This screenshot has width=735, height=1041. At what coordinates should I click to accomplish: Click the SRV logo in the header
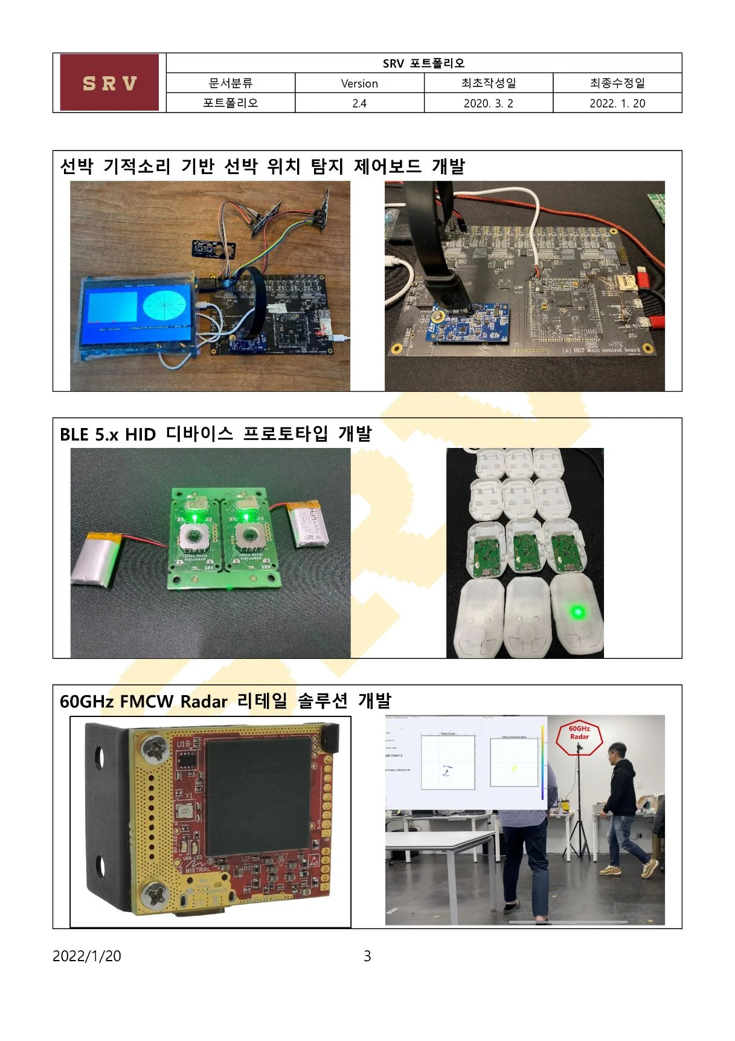tap(109, 83)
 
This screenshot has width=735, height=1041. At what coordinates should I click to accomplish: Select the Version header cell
tap(359, 83)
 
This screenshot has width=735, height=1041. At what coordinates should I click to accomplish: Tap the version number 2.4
tap(359, 103)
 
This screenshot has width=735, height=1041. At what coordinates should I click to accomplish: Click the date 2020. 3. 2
tap(488, 103)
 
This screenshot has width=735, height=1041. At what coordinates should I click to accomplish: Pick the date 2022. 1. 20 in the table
tap(617, 103)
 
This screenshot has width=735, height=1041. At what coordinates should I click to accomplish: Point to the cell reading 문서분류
tap(230, 83)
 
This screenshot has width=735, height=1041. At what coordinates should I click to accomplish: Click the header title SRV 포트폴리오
tap(423, 63)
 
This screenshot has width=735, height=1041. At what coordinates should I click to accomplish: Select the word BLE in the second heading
tap(75, 435)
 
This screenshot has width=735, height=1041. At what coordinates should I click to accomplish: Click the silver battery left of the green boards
tap(98, 558)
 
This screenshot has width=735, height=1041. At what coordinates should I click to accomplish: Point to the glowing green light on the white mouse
tap(577, 612)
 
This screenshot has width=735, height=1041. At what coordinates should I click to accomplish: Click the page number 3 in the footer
tap(367, 956)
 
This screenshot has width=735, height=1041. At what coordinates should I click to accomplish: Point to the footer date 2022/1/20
tap(87, 956)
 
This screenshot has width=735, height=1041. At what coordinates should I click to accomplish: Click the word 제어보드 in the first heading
tap(387, 167)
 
